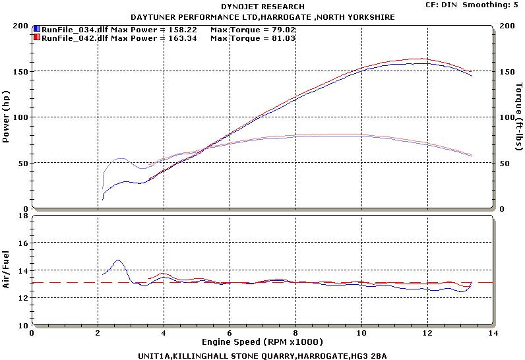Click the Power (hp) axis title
(x=7, y=117)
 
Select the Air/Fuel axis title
(x=7, y=270)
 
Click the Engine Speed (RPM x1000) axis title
(x=262, y=344)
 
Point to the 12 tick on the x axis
(x=427, y=334)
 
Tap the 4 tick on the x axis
(x=164, y=334)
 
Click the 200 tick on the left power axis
(x=20, y=26)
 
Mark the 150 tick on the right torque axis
(x=507, y=71)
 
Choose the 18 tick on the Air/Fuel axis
(x=22, y=216)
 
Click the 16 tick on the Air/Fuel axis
(x=22, y=243)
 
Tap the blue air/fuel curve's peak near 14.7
(x=117, y=260)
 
